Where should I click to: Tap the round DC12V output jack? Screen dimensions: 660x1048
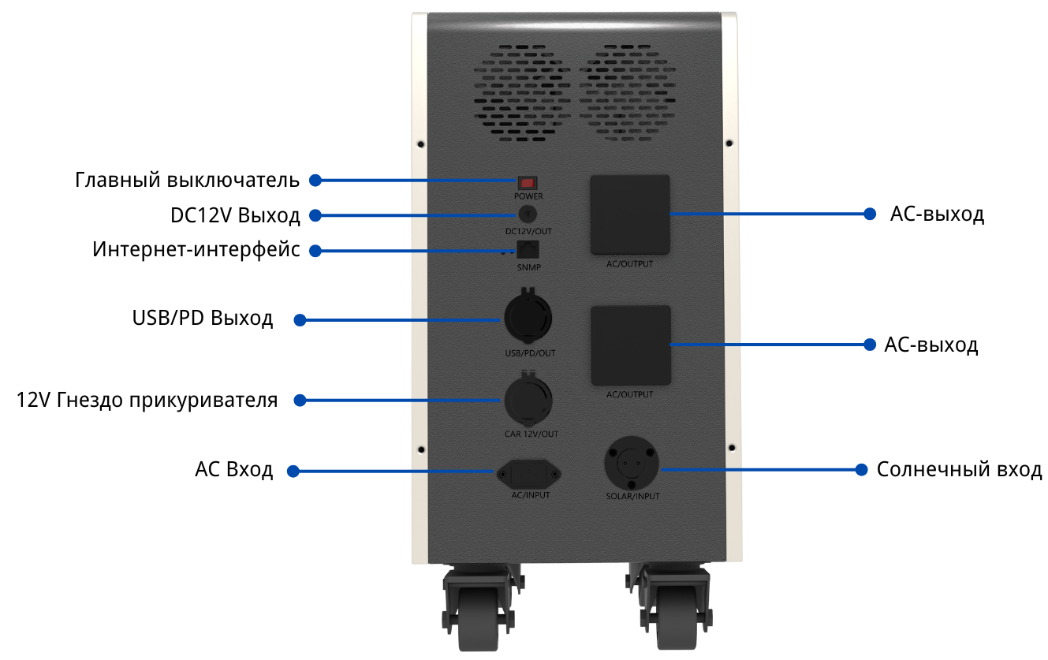point(528,214)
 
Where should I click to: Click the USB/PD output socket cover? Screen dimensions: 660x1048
point(528,319)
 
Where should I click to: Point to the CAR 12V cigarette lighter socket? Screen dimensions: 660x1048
point(528,399)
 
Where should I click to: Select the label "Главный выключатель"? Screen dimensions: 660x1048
point(188,180)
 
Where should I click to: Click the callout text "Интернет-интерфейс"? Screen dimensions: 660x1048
point(196,250)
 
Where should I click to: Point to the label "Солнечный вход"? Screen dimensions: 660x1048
point(959,470)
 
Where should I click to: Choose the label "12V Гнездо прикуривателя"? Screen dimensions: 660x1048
point(147,400)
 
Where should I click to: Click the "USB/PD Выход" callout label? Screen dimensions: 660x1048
point(203,319)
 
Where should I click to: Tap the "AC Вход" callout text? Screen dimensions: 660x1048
point(234,471)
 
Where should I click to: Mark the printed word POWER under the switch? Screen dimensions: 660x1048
point(528,196)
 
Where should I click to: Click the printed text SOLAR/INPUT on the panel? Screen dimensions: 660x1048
point(632,497)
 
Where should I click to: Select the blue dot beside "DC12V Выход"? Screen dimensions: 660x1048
point(315,214)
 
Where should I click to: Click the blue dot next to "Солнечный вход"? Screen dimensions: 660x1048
point(862,470)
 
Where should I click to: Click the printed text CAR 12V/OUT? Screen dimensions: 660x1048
point(531,434)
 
